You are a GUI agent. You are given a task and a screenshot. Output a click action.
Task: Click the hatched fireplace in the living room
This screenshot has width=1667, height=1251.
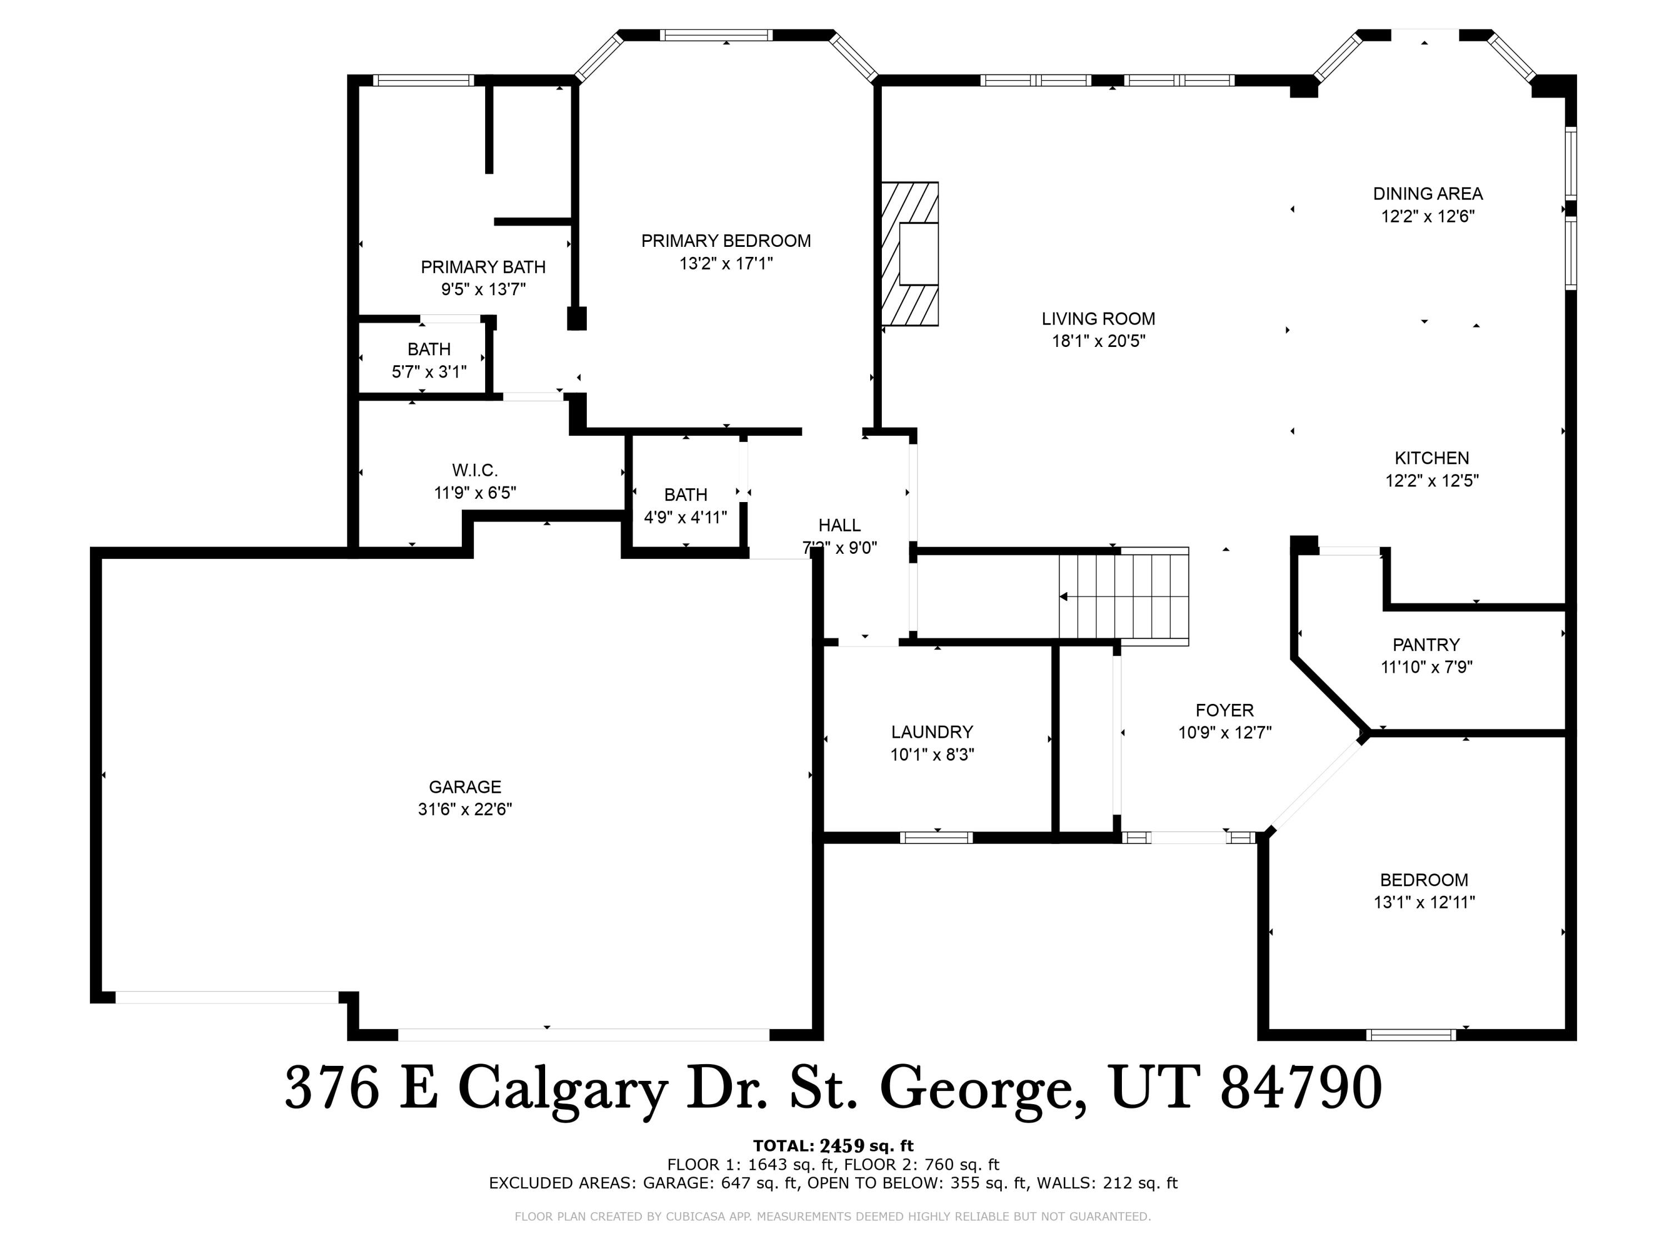909,254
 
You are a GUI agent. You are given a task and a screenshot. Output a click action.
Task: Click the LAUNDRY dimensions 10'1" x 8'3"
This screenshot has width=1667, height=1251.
932,754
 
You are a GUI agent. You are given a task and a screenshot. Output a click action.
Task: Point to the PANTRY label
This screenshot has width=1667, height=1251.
1426,645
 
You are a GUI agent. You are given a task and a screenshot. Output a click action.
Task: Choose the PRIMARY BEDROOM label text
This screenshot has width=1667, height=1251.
726,241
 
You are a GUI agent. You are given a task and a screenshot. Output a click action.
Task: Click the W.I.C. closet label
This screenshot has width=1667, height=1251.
475,470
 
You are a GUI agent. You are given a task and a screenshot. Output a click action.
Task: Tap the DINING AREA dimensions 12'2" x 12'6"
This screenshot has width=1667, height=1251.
1428,216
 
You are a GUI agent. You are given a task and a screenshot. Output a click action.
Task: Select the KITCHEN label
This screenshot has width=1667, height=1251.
1431,458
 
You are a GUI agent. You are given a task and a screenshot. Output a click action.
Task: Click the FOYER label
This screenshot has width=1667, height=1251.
1225,709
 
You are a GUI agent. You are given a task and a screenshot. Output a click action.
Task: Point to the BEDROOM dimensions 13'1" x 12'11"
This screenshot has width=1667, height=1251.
1424,902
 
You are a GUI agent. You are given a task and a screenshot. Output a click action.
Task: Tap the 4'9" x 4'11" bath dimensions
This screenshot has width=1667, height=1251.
685,517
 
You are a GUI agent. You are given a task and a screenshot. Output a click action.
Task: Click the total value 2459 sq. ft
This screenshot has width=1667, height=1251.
865,1146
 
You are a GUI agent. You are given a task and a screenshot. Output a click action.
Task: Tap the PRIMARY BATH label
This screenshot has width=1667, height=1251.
483,267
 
